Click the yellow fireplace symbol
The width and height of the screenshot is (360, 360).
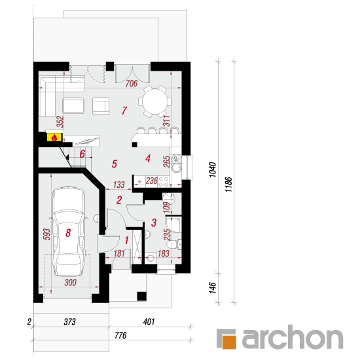[x=54, y=137]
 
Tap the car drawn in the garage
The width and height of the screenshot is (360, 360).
[x=68, y=231]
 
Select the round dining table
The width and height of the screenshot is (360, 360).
[x=155, y=101]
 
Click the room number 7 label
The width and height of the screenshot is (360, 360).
[x=124, y=111]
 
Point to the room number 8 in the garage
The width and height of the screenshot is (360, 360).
[x=68, y=233]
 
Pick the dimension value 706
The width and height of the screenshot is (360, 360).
[x=132, y=83]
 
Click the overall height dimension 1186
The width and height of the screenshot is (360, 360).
[x=228, y=185]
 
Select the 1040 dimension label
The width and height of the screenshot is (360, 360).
[x=213, y=170]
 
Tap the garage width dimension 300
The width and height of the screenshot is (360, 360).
[x=70, y=282]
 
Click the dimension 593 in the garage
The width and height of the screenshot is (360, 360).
[x=46, y=234]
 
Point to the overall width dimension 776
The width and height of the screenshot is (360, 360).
[x=120, y=335]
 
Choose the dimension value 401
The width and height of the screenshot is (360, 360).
[x=149, y=321]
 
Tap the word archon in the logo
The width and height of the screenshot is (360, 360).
[x=293, y=337]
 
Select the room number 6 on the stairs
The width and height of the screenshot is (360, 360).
[x=82, y=154]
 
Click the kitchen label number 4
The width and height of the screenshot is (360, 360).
[x=148, y=158]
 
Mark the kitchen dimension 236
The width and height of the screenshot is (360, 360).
[x=152, y=181]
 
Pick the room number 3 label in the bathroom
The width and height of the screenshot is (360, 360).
[x=154, y=223]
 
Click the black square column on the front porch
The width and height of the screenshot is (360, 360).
[x=141, y=296]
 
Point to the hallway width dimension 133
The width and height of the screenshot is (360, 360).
[x=119, y=185]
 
